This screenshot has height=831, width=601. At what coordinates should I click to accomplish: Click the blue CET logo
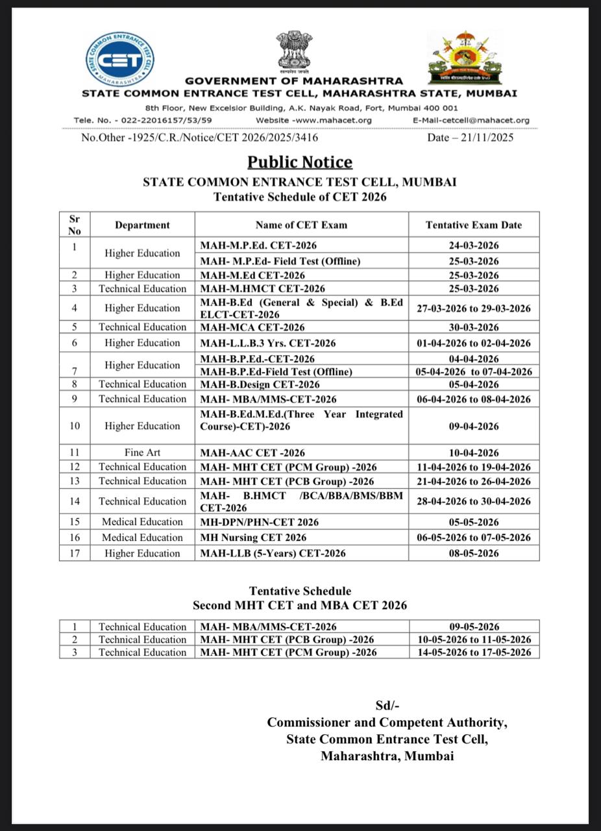(x=120, y=59)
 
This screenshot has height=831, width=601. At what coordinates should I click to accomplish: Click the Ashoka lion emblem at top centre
(x=294, y=51)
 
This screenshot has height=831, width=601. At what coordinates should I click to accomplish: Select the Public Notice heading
(x=300, y=162)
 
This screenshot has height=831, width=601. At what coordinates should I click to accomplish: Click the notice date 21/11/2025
(x=471, y=138)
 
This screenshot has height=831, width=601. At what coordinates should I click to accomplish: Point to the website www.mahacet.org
(x=314, y=120)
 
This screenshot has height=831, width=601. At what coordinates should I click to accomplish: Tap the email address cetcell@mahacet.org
(x=471, y=120)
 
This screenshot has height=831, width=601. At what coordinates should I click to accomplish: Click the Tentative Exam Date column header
(x=474, y=225)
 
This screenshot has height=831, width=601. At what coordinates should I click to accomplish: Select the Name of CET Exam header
(x=301, y=225)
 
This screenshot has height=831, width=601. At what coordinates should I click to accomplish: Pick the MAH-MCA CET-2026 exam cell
(x=252, y=327)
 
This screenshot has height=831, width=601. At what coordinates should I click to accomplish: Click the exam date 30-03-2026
(x=474, y=327)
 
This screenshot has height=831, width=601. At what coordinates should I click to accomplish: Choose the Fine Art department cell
(x=142, y=453)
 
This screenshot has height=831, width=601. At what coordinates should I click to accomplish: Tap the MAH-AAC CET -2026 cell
(x=252, y=453)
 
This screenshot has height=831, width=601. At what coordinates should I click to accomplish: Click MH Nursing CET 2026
(x=253, y=538)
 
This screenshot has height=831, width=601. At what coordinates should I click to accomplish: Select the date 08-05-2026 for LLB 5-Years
(x=474, y=553)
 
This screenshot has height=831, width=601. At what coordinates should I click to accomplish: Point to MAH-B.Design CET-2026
(x=260, y=384)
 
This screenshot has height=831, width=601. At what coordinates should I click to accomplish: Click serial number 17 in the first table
(x=75, y=553)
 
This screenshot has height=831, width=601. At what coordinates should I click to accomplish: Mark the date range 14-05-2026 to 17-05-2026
(x=474, y=652)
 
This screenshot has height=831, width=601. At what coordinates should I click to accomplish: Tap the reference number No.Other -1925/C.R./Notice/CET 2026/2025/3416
(x=200, y=138)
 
